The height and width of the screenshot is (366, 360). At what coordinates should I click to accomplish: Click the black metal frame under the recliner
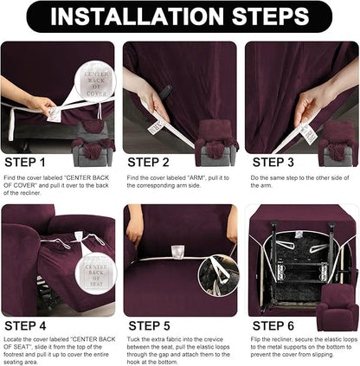point(299,251)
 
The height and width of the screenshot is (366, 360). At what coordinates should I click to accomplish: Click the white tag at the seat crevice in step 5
point(178,252)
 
